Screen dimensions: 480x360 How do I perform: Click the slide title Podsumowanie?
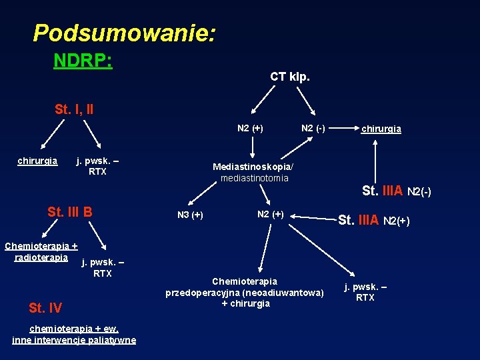124,33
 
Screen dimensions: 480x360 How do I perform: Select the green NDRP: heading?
83,61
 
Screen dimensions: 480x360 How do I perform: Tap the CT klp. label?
289,77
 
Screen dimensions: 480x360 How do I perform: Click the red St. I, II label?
74,109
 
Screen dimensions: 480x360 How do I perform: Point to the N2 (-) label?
313,128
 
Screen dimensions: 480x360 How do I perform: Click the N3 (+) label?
190,215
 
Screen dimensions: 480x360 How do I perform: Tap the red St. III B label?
69,212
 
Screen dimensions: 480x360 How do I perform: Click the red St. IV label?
45,307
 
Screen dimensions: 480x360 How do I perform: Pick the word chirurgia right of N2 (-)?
381,129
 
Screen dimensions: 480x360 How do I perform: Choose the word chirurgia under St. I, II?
37,161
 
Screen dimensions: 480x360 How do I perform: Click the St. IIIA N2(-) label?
396,191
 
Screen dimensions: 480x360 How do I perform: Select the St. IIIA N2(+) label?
374,219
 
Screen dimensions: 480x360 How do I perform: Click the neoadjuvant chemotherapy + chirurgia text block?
245,292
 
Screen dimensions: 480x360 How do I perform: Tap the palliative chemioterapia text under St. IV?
73,334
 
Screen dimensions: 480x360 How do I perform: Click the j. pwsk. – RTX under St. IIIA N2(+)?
365,292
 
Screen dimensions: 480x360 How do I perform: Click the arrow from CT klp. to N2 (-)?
307,102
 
